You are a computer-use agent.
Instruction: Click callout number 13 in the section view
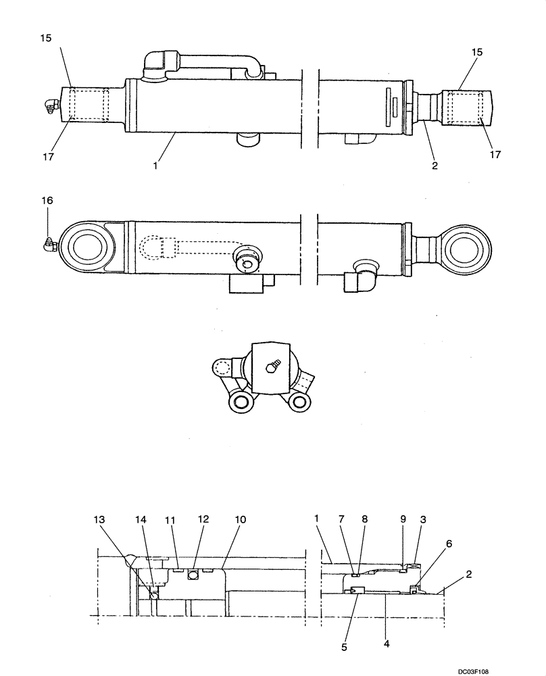pos(99,519)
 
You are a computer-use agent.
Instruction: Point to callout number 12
pos(203,519)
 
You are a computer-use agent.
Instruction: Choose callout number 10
pos(241,519)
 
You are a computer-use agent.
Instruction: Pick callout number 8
pos(365,519)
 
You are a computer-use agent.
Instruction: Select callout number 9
pos(403,519)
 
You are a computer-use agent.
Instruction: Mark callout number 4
pos(386,644)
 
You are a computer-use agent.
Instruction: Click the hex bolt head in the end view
pos(272,366)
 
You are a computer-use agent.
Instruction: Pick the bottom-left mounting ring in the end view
pos(241,404)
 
